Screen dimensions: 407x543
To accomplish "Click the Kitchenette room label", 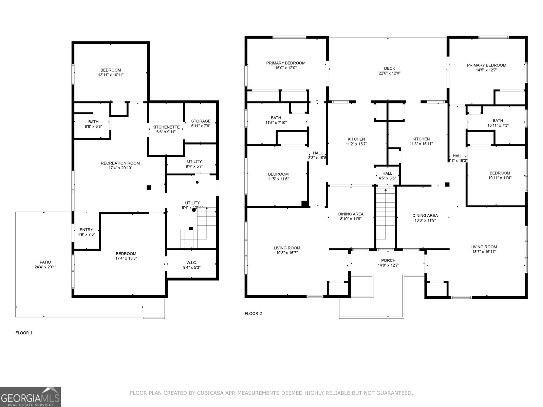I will pos(166,127).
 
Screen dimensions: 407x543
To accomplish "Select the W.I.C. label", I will pos(191,263).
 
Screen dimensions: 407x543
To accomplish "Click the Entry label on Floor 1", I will pos(86,230).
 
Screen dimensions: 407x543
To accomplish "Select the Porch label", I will pos(388,260).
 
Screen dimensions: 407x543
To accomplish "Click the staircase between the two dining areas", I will pos(386,217).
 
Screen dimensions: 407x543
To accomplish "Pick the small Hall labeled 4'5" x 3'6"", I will pos(387,173).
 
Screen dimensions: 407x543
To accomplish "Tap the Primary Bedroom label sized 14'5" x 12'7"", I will pos(486,65).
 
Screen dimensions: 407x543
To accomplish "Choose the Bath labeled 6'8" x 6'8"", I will pos(93,122).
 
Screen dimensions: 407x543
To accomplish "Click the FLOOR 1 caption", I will pos(24,333).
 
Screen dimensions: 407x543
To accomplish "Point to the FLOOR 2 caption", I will pos(253,313).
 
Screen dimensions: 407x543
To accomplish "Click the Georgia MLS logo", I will pos(31,396).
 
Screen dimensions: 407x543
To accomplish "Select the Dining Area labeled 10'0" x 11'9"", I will pos(425,215).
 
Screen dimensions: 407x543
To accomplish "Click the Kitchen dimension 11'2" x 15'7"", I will pos(356,144).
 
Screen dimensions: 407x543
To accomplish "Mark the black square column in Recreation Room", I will pos(149,187).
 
